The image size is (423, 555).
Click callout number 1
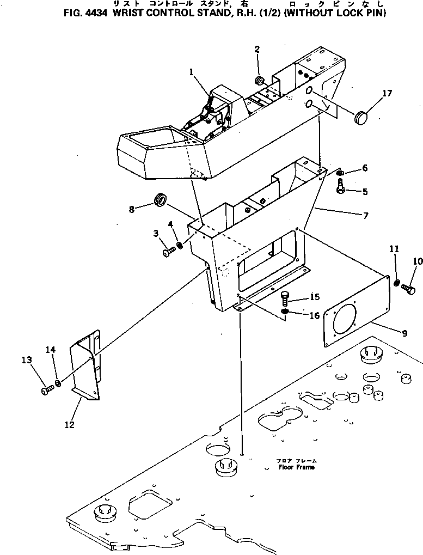(x=191, y=71)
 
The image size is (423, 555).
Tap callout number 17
(x=387, y=94)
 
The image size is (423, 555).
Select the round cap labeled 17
(x=360, y=117)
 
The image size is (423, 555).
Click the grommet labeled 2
(x=260, y=82)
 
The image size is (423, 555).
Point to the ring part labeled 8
(x=161, y=199)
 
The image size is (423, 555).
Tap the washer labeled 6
(x=340, y=173)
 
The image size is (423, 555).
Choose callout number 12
(x=70, y=425)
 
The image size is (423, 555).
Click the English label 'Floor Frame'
(x=296, y=467)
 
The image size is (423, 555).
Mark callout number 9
(x=404, y=333)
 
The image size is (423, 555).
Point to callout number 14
(x=51, y=350)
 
